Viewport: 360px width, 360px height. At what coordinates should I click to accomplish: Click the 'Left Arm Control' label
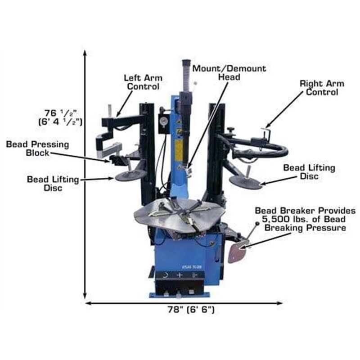pos(143,82)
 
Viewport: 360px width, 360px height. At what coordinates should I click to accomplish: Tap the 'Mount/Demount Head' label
pos(229,72)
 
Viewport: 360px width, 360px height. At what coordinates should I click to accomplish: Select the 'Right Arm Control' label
pos(322,88)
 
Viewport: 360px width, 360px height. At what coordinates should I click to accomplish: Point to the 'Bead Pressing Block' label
pos(37,149)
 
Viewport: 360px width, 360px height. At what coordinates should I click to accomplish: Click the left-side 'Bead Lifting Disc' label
pos(53,184)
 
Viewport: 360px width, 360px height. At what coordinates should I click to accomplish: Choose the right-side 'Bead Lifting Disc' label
pos(309,172)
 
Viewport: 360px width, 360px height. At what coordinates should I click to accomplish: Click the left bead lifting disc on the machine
pos(130,175)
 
